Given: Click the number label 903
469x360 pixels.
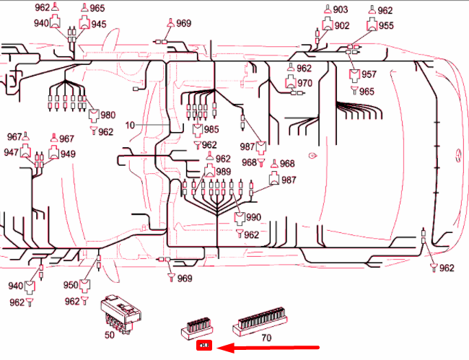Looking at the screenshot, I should pyautogui.click(x=341, y=9).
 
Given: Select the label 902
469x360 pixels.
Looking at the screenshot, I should pyautogui.click(x=342, y=25).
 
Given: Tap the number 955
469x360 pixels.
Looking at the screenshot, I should pyautogui.click(x=386, y=25).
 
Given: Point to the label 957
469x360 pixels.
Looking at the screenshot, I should pyautogui.click(x=369, y=74).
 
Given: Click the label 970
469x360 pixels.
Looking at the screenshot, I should pyautogui.click(x=304, y=83).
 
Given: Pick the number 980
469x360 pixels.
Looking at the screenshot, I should pyautogui.click(x=108, y=115).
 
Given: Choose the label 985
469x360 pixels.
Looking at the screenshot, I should pyautogui.click(x=211, y=130).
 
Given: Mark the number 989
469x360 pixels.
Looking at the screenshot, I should pyautogui.click(x=223, y=172).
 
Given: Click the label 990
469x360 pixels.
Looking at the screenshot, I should pyautogui.click(x=253, y=217).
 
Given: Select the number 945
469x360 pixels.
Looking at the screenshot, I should pyautogui.click(x=98, y=24).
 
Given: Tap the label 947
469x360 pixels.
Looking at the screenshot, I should pyautogui.click(x=11, y=152).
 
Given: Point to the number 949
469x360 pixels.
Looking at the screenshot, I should pyautogui.click(x=68, y=154).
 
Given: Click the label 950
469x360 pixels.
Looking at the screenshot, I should pyautogui.click(x=71, y=285).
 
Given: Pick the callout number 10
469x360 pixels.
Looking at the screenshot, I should pyautogui.click(x=130, y=125).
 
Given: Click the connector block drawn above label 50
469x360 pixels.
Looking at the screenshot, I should pyautogui.click(x=120, y=312).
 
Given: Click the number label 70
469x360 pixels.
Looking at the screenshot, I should pyautogui.click(x=266, y=337).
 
